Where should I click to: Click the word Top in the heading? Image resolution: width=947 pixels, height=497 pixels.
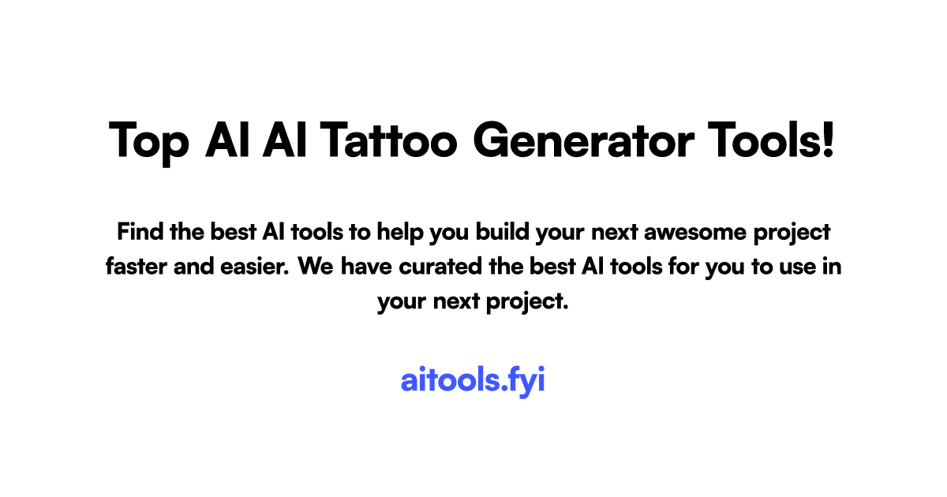pos(148,142)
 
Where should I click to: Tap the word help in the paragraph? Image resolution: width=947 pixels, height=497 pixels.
pos(399,233)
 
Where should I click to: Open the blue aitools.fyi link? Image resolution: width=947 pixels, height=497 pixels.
pos(473,380)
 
